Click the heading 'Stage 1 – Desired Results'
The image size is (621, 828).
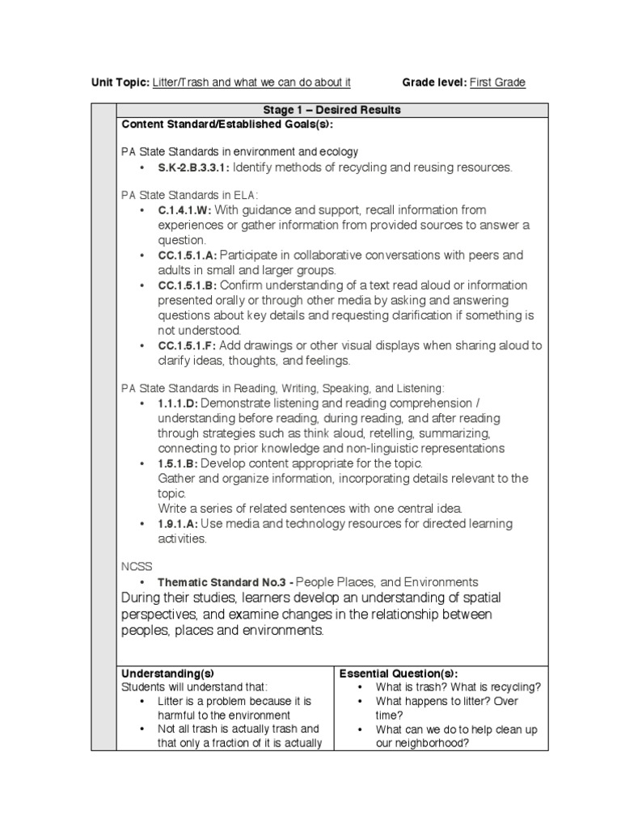click(x=332, y=110)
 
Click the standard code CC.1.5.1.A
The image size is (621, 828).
click(x=188, y=256)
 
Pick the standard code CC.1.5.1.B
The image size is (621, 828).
click(x=188, y=285)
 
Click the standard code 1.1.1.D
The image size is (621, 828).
click(x=178, y=403)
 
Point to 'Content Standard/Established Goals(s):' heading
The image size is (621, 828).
click(x=227, y=124)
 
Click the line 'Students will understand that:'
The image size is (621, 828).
click(x=187, y=686)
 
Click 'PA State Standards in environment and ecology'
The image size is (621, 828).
click(x=240, y=152)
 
